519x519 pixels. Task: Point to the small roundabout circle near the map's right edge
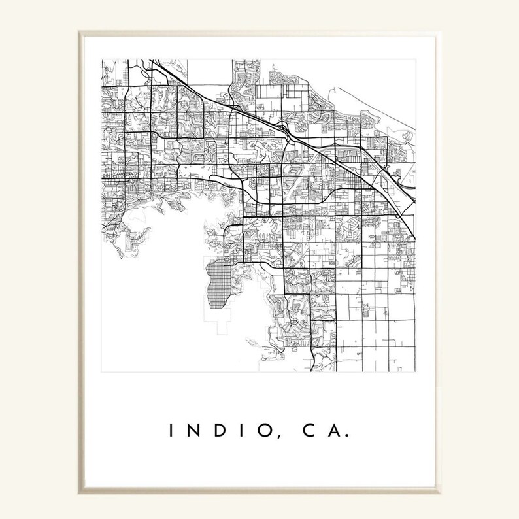point(397,216)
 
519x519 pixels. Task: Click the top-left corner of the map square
point(101,60)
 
